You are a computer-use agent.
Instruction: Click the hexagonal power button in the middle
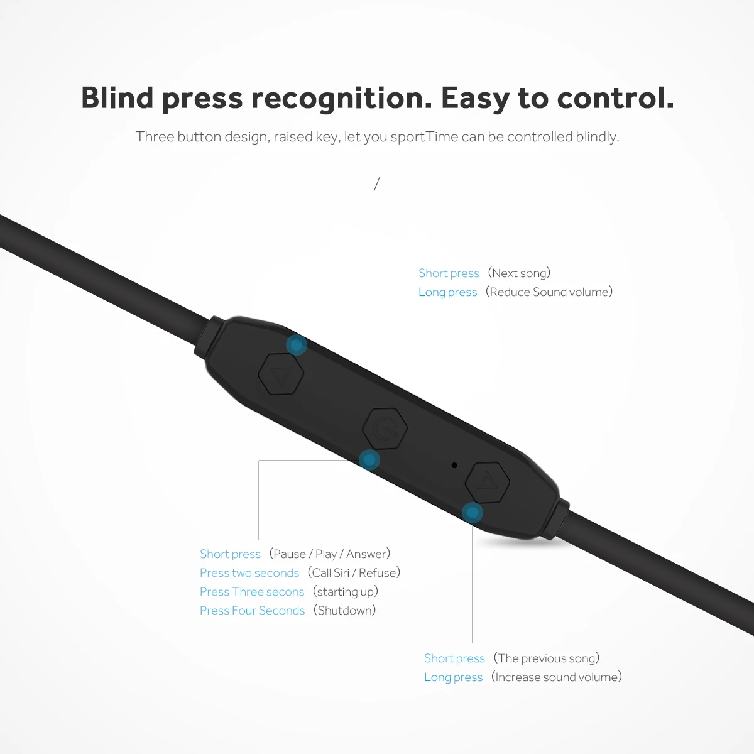tap(385, 429)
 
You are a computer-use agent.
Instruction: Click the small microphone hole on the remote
tap(454, 466)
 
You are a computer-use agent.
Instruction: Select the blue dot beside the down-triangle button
tap(296, 345)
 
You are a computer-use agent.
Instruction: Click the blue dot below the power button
tap(369, 460)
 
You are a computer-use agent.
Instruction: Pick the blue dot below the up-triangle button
tap(473, 513)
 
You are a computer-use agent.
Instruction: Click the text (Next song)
tap(519, 273)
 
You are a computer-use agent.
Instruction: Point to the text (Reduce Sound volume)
tap(549, 292)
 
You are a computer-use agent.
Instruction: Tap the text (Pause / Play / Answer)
tap(330, 554)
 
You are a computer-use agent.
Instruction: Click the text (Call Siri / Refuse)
tap(354, 572)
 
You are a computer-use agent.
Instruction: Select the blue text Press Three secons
tap(252, 592)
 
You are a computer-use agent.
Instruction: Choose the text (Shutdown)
tap(345, 610)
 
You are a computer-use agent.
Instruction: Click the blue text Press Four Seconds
tap(252, 611)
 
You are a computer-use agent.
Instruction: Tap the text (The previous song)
tap(547, 658)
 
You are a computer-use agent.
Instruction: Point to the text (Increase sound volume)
tap(557, 677)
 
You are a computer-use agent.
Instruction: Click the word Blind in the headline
tap(117, 98)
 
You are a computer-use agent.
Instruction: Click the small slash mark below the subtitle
tap(377, 183)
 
